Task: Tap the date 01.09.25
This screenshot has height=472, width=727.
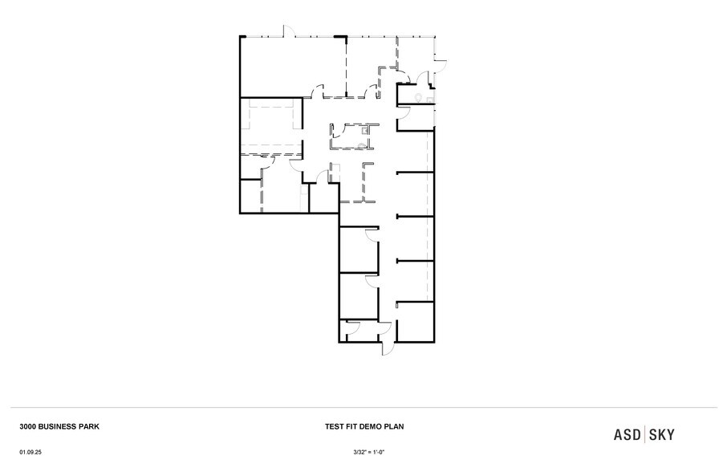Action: tap(31, 453)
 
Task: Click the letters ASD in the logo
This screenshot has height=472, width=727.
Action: tap(627, 434)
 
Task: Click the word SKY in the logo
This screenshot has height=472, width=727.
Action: tap(662, 434)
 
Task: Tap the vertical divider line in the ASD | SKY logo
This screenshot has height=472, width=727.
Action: tap(645, 434)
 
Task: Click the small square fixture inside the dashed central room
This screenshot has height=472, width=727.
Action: tap(365, 129)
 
